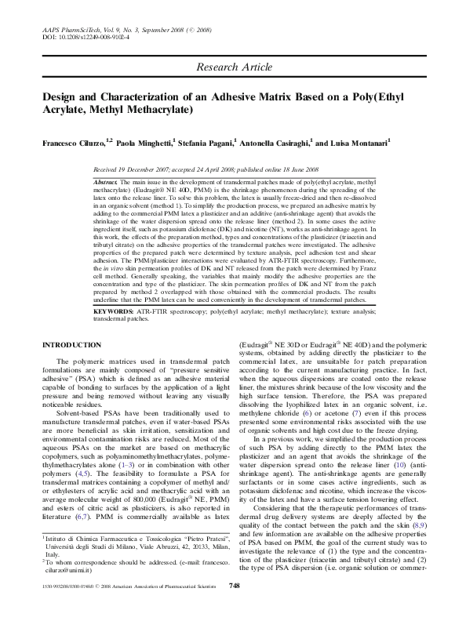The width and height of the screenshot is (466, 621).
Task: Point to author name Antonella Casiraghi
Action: pyautogui.click(x=300, y=145)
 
